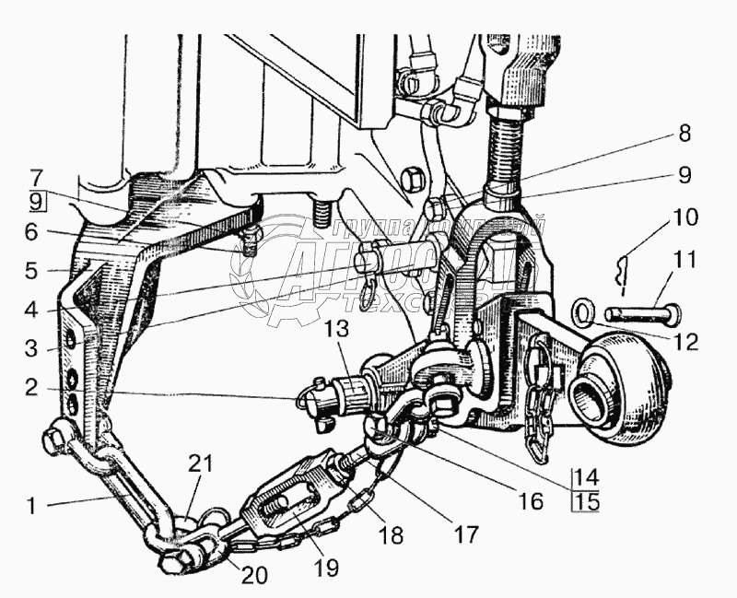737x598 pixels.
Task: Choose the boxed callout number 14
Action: [586, 478]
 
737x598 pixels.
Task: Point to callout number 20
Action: [255, 576]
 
